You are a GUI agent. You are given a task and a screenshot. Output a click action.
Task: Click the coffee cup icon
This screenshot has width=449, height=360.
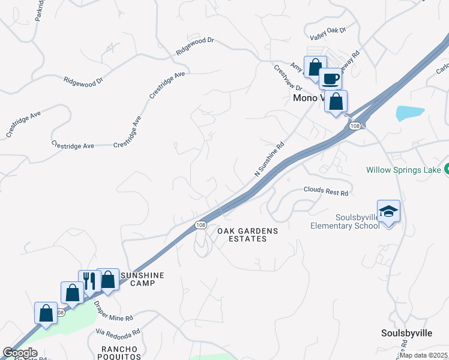click(330, 79)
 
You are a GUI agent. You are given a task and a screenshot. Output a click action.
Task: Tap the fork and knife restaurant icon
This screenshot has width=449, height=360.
click(89, 280)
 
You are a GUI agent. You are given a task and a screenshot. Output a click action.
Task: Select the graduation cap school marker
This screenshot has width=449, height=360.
click(388, 211)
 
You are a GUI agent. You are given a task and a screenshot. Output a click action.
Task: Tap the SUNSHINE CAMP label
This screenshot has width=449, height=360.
click(142, 279)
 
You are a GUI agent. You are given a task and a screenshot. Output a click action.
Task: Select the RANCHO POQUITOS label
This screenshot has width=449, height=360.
click(119, 353)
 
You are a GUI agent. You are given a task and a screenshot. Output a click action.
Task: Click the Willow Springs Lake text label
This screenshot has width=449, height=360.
click(403, 170)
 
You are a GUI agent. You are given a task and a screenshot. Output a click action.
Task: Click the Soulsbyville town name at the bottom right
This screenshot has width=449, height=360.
click(406, 332)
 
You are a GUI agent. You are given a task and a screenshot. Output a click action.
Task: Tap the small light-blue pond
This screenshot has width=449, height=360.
click(409, 113)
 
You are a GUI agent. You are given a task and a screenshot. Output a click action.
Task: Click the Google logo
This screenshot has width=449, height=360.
click(20, 353)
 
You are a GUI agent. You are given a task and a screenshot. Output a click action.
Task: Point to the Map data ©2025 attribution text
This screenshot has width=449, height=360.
click(424, 355)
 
